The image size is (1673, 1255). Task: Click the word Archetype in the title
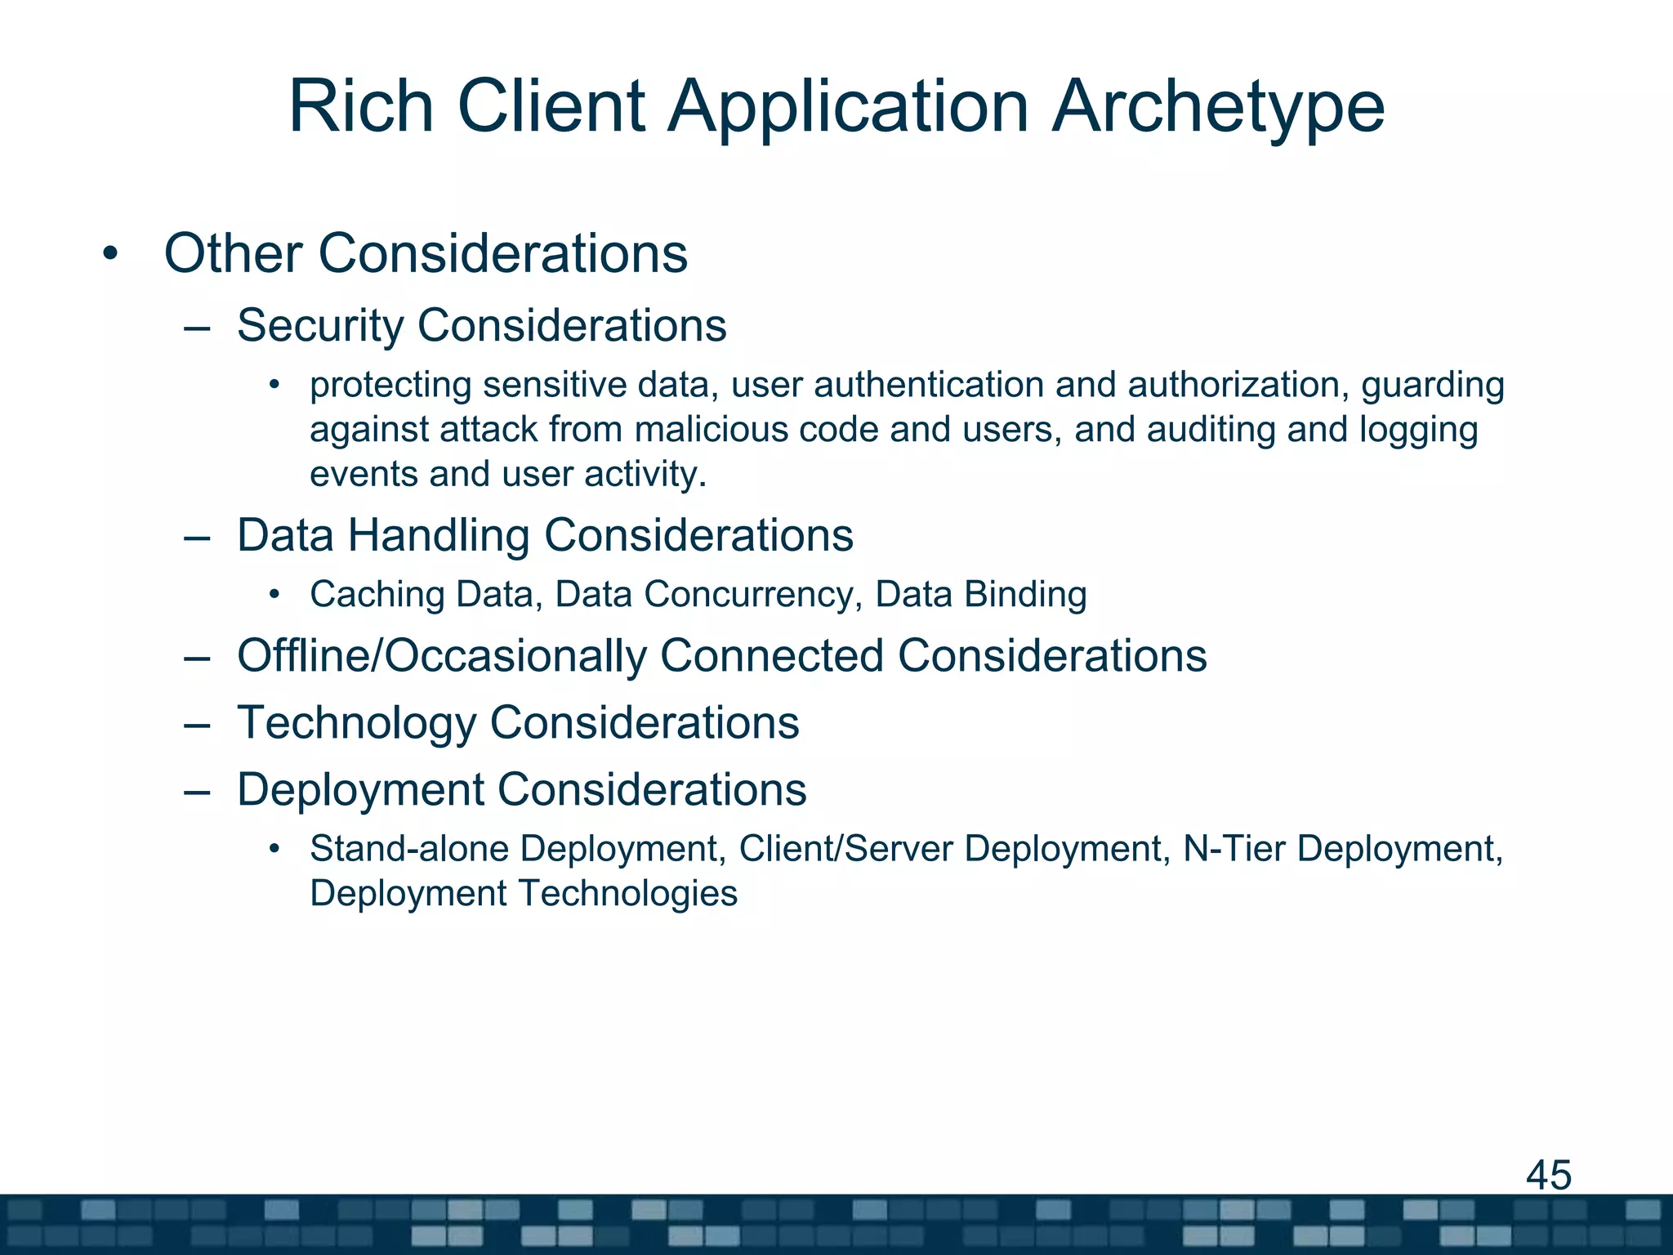point(1217,108)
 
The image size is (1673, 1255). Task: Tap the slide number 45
point(1548,1175)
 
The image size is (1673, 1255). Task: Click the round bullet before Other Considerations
point(110,254)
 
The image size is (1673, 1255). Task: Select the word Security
point(319,325)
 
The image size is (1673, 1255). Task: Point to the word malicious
point(710,430)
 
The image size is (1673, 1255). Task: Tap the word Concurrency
point(748,594)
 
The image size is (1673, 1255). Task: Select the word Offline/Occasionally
point(441,656)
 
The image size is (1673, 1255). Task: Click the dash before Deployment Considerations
point(197,791)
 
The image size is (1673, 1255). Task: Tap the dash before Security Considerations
point(197,327)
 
